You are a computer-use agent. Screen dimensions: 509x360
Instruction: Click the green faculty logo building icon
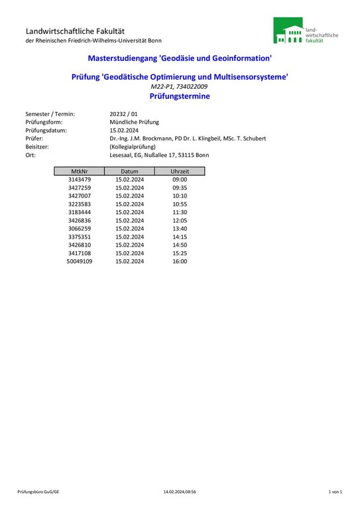(288, 31)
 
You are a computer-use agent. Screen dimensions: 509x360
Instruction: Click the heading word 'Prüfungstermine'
(180, 96)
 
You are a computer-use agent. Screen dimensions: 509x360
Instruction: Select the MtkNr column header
(80, 171)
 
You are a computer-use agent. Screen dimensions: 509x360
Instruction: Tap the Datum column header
(129, 171)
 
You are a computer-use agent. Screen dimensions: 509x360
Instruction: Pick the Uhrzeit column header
(180, 171)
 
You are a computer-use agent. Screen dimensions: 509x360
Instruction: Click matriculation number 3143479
(80, 180)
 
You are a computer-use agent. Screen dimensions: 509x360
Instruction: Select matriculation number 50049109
(80, 262)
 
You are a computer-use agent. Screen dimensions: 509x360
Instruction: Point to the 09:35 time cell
(180, 188)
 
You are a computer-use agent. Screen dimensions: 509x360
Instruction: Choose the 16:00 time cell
(180, 262)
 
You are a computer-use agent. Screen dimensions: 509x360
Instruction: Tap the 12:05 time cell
(180, 221)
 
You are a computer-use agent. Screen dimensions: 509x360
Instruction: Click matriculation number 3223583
(80, 204)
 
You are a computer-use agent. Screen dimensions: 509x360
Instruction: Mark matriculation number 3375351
(80, 237)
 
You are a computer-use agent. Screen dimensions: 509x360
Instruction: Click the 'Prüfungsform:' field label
(46, 122)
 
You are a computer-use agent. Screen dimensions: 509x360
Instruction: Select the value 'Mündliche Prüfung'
(135, 122)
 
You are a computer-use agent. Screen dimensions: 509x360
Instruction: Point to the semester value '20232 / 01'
(125, 114)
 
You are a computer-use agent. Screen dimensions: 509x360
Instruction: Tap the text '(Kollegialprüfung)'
(133, 146)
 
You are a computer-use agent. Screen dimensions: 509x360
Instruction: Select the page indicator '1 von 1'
(335, 492)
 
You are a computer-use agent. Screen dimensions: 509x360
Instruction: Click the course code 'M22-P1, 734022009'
(180, 87)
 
